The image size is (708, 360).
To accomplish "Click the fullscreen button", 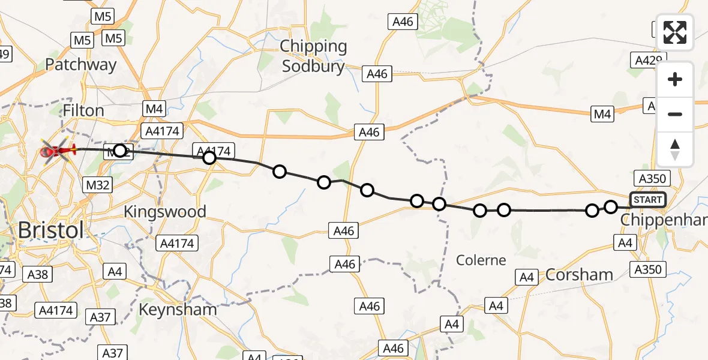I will click(x=675, y=32).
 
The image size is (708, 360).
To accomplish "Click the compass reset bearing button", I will click(x=675, y=149).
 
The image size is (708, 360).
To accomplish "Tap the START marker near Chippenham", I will click(x=647, y=200).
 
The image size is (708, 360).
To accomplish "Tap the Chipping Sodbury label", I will click(x=314, y=56).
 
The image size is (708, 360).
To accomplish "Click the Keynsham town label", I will click(x=177, y=310).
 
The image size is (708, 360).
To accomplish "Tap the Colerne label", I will click(x=481, y=260).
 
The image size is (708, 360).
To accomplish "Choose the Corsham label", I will click(x=579, y=275).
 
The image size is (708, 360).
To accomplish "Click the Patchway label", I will click(x=80, y=65).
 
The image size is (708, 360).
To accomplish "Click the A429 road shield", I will click(x=648, y=60).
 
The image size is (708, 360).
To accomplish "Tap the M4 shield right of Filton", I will click(x=154, y=109).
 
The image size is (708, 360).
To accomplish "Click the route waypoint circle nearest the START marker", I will click(x=610, y=207).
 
